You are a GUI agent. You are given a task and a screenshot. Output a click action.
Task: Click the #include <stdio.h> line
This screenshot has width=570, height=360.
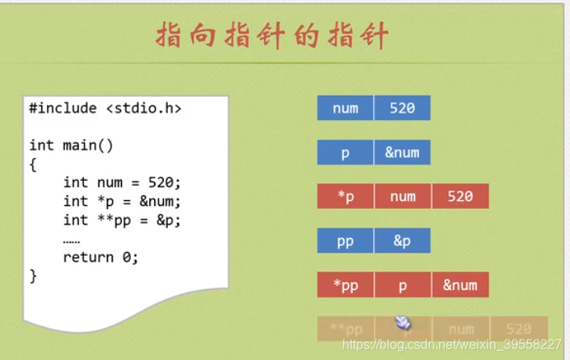[x=105, y=107]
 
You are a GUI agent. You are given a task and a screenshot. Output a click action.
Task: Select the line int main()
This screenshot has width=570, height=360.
[x=71, y=145]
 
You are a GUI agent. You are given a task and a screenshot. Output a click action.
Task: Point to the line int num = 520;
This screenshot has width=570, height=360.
[x=122, y=182]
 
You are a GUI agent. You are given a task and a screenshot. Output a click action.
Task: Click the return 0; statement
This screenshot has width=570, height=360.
[x=101, y=257]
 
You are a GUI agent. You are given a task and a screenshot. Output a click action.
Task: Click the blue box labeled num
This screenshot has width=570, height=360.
[x=345, y=108]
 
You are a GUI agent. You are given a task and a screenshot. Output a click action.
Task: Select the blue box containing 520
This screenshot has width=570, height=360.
[x=402, y=108]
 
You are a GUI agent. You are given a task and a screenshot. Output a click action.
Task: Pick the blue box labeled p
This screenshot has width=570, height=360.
[x=345, y=153]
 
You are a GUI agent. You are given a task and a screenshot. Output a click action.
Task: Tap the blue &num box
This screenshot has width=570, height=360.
[x=402, y=153]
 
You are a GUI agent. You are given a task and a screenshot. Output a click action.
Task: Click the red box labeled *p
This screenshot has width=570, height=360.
[x=345, y=196]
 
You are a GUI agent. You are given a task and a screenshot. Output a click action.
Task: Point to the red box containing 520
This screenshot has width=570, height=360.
[x=460, y=196]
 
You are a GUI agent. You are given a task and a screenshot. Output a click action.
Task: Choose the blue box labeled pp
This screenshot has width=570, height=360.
[x=345, y=241]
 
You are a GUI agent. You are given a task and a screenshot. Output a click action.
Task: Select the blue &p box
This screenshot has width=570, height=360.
[x=402, y=241]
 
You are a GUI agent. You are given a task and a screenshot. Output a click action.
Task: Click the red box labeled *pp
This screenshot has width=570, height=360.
[x=345, y=284]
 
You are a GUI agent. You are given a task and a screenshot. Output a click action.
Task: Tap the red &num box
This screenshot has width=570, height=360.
[x=460, y=284]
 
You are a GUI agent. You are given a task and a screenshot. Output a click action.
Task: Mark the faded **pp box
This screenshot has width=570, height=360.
[x=345, y=329]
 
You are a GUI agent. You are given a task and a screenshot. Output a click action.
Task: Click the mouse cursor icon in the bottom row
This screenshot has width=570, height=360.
[x=403, y=324]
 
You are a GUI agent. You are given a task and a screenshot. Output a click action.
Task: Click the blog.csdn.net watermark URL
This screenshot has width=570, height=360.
[x=452, y=345]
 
